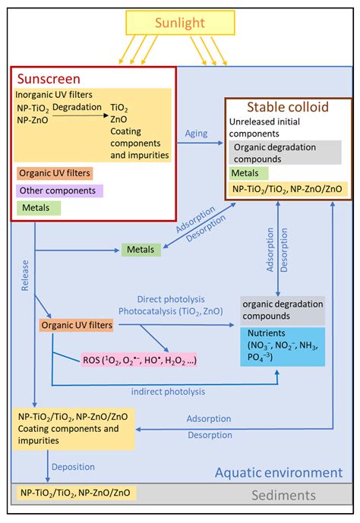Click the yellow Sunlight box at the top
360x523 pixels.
[181, 23]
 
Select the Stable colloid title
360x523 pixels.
[288, 108]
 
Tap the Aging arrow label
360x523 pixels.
[197, 134]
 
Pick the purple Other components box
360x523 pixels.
[62, 190]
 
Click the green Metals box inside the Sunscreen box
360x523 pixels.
[35, 206]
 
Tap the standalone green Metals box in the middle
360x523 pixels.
[141, 249]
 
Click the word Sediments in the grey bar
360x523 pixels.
[284, 495]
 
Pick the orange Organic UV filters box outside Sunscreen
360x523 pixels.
[77, 326]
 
